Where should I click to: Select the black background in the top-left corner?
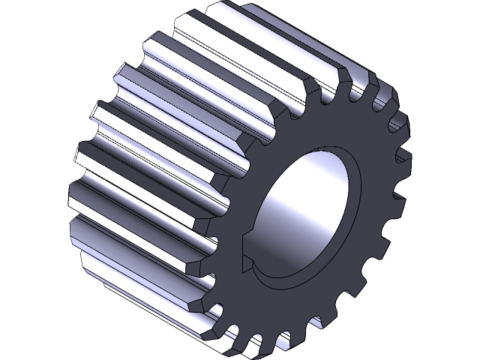[x=30, y=30]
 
